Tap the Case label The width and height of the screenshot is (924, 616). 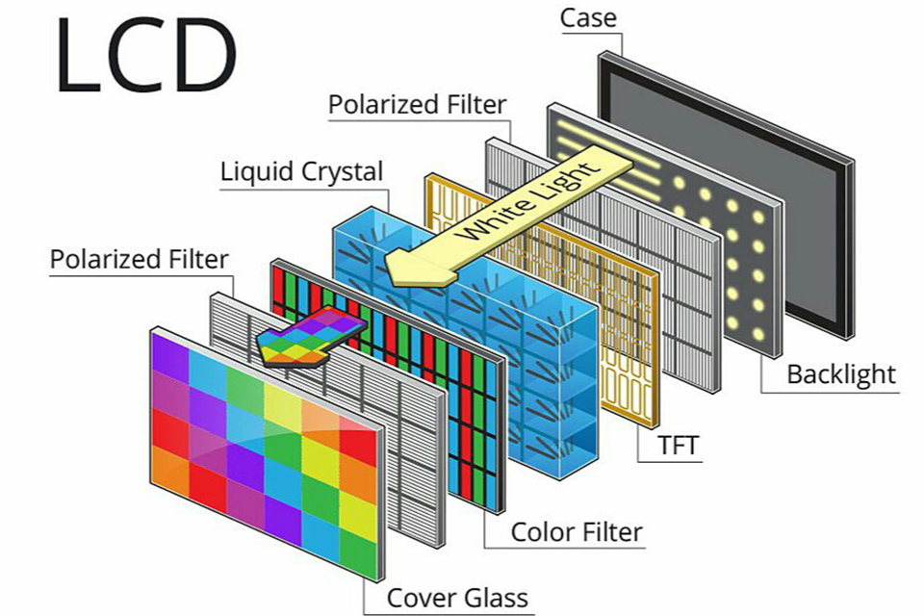pyautogui.click(x=588, y=17)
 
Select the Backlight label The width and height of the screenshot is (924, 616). pyautogui.click(x=841, y=375)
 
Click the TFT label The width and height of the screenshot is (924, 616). pyautogui.click(x=678, y=446)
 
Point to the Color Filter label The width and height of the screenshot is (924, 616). pyautogui.click(x=577, y=532)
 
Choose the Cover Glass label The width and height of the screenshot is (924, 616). pyautogui.click(x=457, y=598)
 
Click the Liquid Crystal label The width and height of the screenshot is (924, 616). pyautogui.click(x=301, y=172)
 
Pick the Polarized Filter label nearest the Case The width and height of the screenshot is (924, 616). pyautogui.click(x=417, y=105)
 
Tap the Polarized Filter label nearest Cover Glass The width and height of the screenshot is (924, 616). pyautogui.click(x=139, y=259)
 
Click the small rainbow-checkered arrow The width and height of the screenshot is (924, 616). pyautogui.click(x=311, y=336)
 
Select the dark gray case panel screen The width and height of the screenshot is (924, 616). pyautogui.click(x=726, y=194)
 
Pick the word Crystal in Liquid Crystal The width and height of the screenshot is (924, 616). pyautogui.click(x=343, y=172)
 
